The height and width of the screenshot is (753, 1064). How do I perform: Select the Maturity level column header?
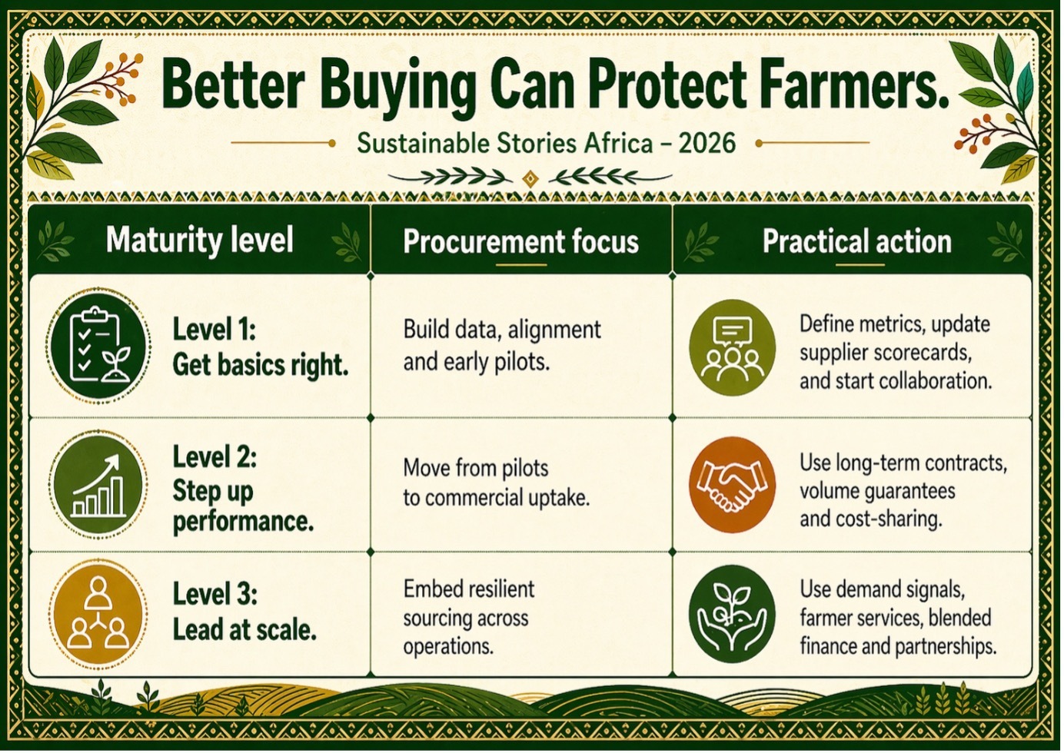(200, 240)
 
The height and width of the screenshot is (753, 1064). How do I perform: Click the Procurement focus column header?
(520, 241)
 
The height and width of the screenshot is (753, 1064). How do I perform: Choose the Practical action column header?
(856, 241)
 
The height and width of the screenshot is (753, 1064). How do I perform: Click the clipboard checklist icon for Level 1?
(98, 345)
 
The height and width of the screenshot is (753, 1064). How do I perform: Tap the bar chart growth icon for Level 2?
(98, 485)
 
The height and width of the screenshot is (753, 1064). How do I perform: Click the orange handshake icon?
(732, 485)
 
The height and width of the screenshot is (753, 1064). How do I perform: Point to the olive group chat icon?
(732, 347)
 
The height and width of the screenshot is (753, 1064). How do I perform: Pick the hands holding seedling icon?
(732, 614)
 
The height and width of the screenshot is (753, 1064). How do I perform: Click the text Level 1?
(214, 329)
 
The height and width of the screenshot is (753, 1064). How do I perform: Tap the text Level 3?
(214, 594)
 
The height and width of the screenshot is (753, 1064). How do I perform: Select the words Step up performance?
(243, 506)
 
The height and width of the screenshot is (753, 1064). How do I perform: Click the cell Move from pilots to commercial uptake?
(497, 483)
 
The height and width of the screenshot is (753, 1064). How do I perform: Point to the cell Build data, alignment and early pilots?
(502, 346)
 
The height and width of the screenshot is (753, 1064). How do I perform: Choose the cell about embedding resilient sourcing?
(469, 618)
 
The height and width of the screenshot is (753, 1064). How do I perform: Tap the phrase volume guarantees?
(877, 491)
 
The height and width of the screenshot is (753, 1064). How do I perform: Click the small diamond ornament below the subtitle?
(530, 179)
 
